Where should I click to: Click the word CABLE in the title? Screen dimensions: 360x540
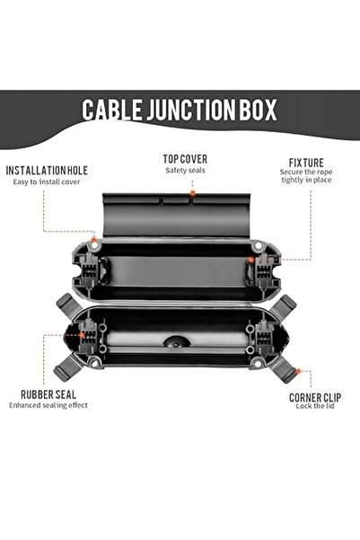point(111,110)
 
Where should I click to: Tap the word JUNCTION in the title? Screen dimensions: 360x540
point(190,110)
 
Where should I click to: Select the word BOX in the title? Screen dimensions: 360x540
point(257,110)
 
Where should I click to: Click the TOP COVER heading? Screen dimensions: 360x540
point(185,159)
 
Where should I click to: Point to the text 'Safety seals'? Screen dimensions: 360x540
point(185,170)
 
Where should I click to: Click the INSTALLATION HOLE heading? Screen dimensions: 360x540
point(47,171)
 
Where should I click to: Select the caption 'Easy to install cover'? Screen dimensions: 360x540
point(47,181)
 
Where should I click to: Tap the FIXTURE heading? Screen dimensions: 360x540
point(306,163)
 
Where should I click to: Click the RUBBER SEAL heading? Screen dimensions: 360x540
point(48,394)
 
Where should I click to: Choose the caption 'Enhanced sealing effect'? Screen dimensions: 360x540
point(48,405)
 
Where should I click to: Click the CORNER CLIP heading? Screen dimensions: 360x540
point(315,398)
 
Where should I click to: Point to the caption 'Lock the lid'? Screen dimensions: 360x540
point(315,406)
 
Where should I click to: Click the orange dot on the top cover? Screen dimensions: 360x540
point(193,193)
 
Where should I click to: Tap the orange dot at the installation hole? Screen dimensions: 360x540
point(93,240)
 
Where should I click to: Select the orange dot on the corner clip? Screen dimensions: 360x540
point(298,371)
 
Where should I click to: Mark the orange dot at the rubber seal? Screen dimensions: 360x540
point(82,334)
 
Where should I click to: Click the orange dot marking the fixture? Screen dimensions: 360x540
point(251,260)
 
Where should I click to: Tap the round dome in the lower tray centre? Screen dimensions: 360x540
point(176,341)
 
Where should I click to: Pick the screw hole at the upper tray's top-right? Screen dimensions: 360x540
point(257,246)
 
